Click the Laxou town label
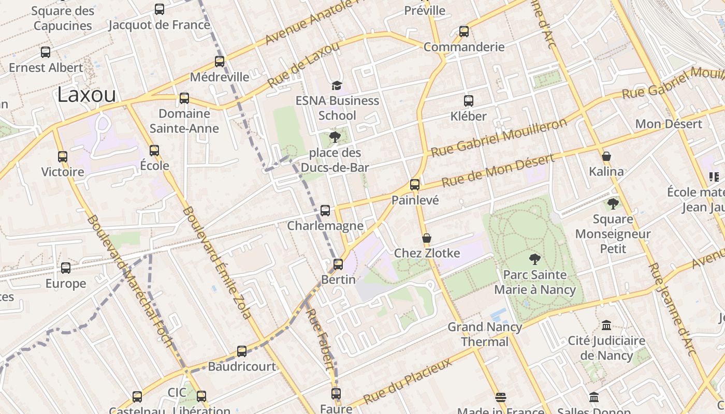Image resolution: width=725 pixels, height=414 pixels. (86, 95)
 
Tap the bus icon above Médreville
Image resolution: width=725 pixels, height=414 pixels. (220, 61)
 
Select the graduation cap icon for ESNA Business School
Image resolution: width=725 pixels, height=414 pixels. (337, 85)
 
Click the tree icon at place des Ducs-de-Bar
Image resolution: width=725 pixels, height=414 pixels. (335, 137)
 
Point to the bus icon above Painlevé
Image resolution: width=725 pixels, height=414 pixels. (415, 184)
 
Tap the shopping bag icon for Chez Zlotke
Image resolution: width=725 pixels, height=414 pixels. (427, 238)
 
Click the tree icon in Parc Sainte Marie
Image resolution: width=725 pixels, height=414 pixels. (534, 259)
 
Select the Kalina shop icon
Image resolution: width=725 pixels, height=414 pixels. (606, 156)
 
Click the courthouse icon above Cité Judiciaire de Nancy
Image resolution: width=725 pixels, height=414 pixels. (606, 326)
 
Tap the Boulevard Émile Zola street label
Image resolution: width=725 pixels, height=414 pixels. (217, 262)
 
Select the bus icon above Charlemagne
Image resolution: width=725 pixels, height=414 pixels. (325, 210)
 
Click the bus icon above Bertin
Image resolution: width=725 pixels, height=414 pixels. (338, 264)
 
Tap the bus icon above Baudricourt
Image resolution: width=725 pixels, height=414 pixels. (242, 351)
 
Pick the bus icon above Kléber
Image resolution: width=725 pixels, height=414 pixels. (469, 101)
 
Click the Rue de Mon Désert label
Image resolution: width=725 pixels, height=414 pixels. (498, 171)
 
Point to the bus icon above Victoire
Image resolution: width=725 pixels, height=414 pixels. (63, 156)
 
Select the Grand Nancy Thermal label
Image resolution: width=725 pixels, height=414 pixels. (485, 334)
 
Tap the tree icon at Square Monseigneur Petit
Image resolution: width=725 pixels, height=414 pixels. (613, 204)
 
